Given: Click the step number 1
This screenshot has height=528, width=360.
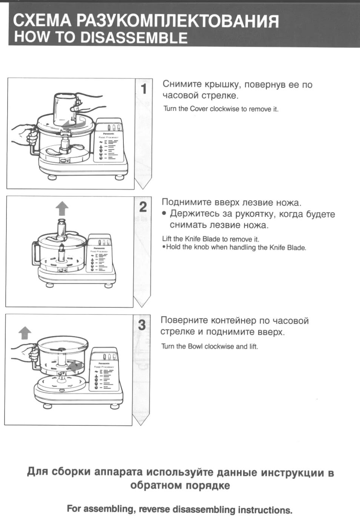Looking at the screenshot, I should [x=144, y=89].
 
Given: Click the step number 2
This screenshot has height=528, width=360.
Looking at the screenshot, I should [x=143, y=207].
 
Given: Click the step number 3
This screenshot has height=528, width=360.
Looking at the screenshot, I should [x=142, y=325].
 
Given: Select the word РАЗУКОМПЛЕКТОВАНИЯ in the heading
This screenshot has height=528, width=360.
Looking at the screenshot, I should [x=177, y=21].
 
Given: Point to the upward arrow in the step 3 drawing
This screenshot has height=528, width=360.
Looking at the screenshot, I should [x=25, y=333].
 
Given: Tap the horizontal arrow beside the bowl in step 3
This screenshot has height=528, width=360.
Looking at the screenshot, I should [x=76, y=365].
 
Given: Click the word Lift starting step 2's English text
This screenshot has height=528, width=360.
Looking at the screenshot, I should [x=166, y=239].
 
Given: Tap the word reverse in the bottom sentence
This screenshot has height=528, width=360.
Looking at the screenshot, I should [x=155, y=510].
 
